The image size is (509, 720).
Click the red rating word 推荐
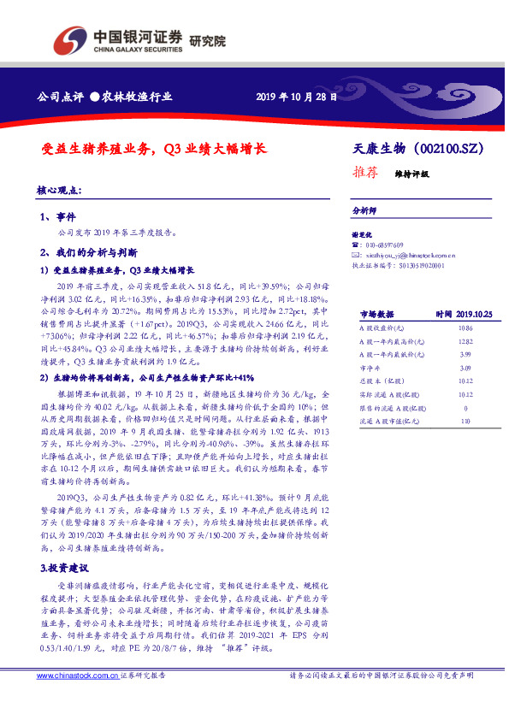(x=365, y=171)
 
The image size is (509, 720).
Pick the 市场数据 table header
(x=376, y=315)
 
